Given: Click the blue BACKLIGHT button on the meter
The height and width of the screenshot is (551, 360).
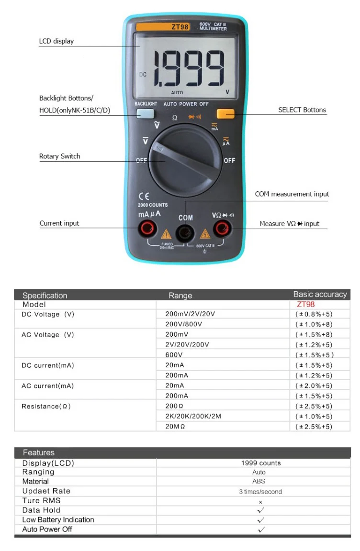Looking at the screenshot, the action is pyautogui.click(x=146, y=114).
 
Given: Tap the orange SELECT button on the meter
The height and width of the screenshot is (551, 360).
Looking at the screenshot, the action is pyautogui.click(x=225, y=114).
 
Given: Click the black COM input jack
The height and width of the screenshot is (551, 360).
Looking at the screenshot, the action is pyautogui.click(x=185, y=233).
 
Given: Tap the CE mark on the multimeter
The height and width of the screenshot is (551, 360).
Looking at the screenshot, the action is pyautogui.click(x=144, y=196).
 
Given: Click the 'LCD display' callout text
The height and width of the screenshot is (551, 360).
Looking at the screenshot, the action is pyautogui.click(x=56, y=41).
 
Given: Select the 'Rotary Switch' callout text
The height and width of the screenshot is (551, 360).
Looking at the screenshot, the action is pyautogui.click(x=60, y=156).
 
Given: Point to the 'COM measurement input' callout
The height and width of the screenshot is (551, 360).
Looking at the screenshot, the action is pyautogui.click(x=292, y=194).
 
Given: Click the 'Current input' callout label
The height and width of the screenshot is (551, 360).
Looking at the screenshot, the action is pyautogui.click(x=59, y=223).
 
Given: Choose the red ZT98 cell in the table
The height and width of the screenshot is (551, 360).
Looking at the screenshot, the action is pyautogui.click(x=306, y=304).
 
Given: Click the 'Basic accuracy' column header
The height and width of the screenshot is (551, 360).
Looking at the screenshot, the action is pyautogui.click(x=320, y=294).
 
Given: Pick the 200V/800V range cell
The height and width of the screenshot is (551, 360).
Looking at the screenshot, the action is pyautogui.click(x=184, y=324).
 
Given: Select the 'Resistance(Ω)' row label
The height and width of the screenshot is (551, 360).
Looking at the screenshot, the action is pyautogui.click(x=46, y=407).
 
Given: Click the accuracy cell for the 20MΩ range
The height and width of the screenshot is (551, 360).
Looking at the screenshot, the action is pyautogui.click(x=314, y=427).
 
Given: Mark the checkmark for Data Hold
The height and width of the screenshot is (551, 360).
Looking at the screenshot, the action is pyautogui.click(x=261, y=510).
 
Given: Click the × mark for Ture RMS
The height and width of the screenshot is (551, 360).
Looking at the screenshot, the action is pyautogui.click(x=260, y=502).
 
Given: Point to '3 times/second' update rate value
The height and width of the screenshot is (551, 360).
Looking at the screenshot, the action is pyautogui.click(x=260, y=492).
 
